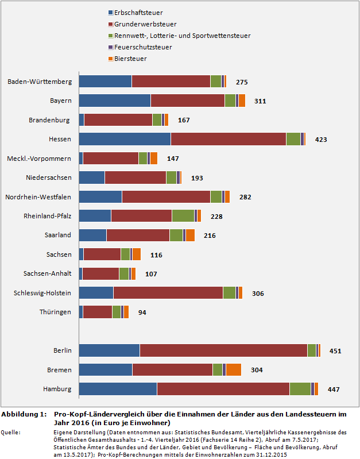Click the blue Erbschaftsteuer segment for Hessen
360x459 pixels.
125,139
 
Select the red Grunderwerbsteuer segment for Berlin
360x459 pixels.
223,350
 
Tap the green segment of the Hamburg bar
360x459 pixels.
300,389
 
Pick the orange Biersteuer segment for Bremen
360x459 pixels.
233,369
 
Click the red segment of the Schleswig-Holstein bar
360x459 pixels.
168,292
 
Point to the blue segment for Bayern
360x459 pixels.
114,101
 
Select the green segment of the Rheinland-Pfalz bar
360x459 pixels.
183,216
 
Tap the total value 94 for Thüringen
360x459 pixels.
142,313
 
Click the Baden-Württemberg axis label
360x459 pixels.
40,82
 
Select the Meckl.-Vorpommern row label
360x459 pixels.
39,158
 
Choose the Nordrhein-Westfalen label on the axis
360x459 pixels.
38,197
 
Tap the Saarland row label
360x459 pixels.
57,235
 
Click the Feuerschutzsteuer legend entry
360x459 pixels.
144,47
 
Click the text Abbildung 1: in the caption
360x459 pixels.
24,414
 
